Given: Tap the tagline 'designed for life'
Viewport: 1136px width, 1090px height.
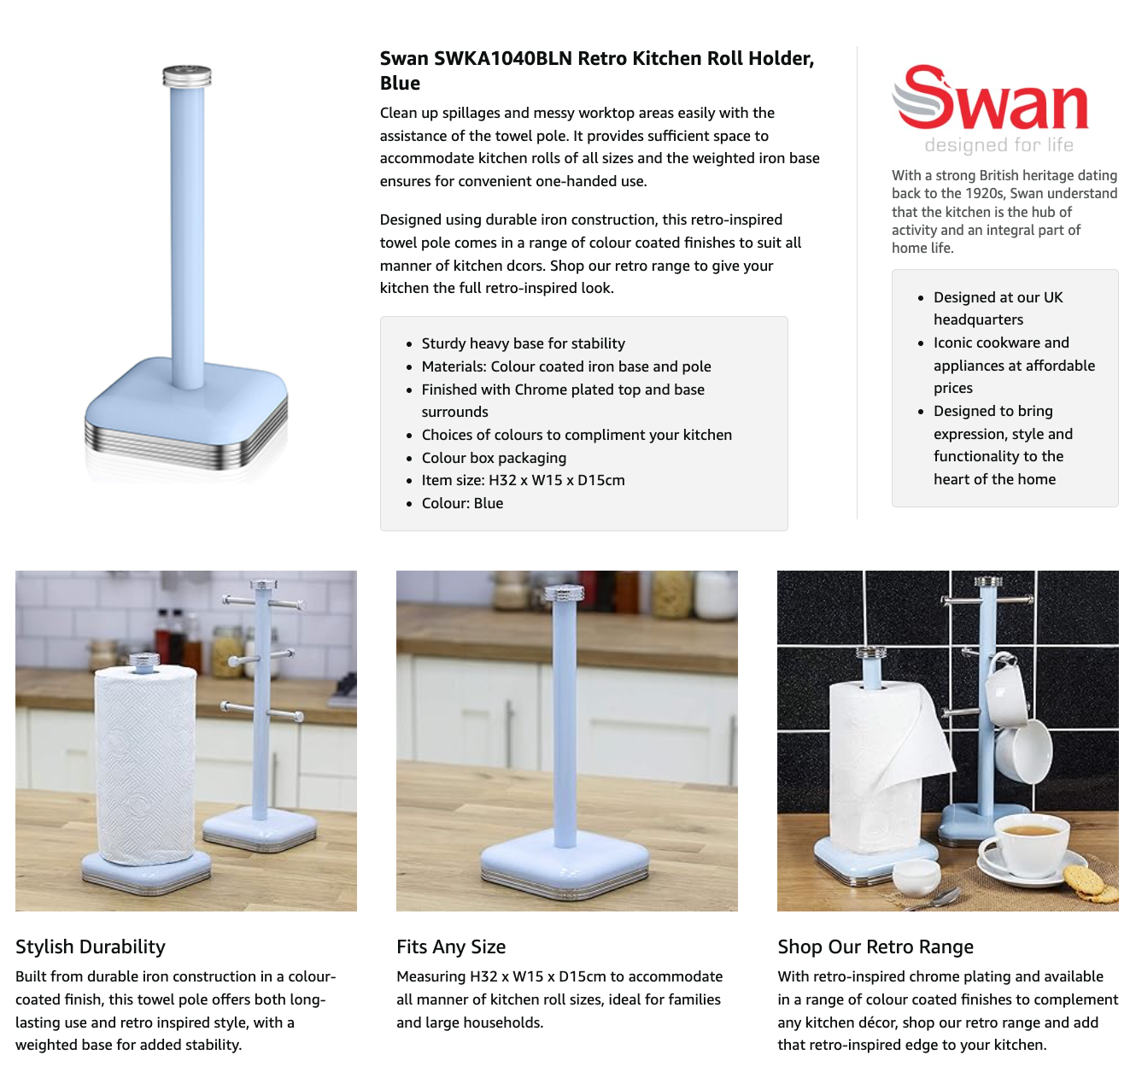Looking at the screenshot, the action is [998, 144].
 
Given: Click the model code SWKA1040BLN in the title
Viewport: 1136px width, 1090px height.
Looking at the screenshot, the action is [502, 58].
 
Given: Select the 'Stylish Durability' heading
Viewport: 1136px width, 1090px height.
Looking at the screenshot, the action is [91, 946].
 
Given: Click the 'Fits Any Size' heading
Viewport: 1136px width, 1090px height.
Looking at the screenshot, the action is [451, 946].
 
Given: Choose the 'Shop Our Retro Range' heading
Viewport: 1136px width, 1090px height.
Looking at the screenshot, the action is [875, 946].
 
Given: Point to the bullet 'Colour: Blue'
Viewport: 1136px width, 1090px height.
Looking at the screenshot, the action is [462, 503].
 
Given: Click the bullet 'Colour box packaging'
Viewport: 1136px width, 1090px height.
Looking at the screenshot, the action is [494, 458].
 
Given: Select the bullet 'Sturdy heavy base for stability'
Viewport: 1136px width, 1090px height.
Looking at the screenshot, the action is [523, 343].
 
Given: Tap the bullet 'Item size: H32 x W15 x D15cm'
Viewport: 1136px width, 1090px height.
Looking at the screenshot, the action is [523, 480].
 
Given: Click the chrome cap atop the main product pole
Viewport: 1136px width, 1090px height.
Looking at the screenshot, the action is [187, 76].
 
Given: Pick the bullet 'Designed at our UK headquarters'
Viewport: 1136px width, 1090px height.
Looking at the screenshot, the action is [998, 308].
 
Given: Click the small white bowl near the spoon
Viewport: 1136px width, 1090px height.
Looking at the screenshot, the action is [916, 877].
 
